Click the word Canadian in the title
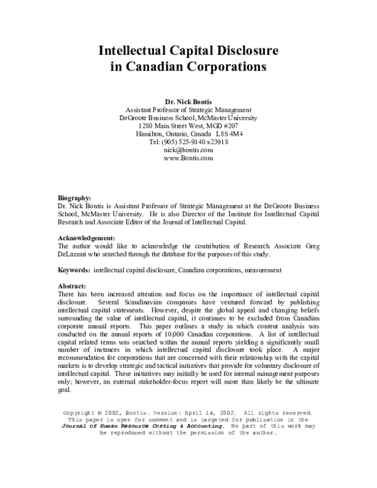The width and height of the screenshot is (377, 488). tap(158, 65)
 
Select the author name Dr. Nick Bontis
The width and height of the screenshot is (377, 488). tap(188, 101)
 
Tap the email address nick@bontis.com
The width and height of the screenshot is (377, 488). tap(188, 150)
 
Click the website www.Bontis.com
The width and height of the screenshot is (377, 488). tap(188, 158)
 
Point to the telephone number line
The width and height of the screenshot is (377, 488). tap(188, 142)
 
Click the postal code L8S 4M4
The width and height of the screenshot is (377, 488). tap(229, 134)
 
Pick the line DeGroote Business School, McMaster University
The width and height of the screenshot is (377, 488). tap(188, 118)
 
